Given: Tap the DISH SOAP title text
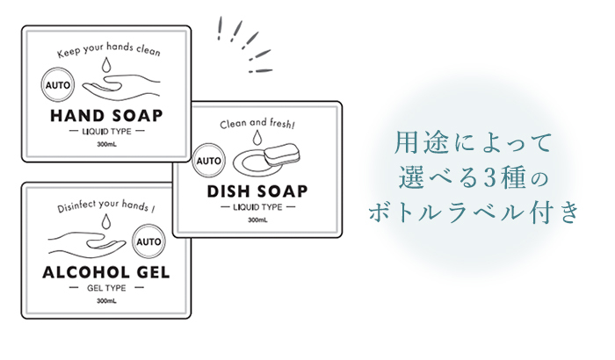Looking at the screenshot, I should coord(257,191).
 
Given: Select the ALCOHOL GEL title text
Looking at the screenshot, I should coord(105,273).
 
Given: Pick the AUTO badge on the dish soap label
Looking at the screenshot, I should coord(209,162).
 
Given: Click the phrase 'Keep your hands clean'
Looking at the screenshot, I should coord(109,53).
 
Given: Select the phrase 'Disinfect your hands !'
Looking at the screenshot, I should coord(105,208).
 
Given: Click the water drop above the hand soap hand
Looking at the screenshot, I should coord(105,67).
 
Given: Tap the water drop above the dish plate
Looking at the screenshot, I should coord(256,140).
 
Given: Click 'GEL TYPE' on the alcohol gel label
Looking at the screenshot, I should coord(105,289).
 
